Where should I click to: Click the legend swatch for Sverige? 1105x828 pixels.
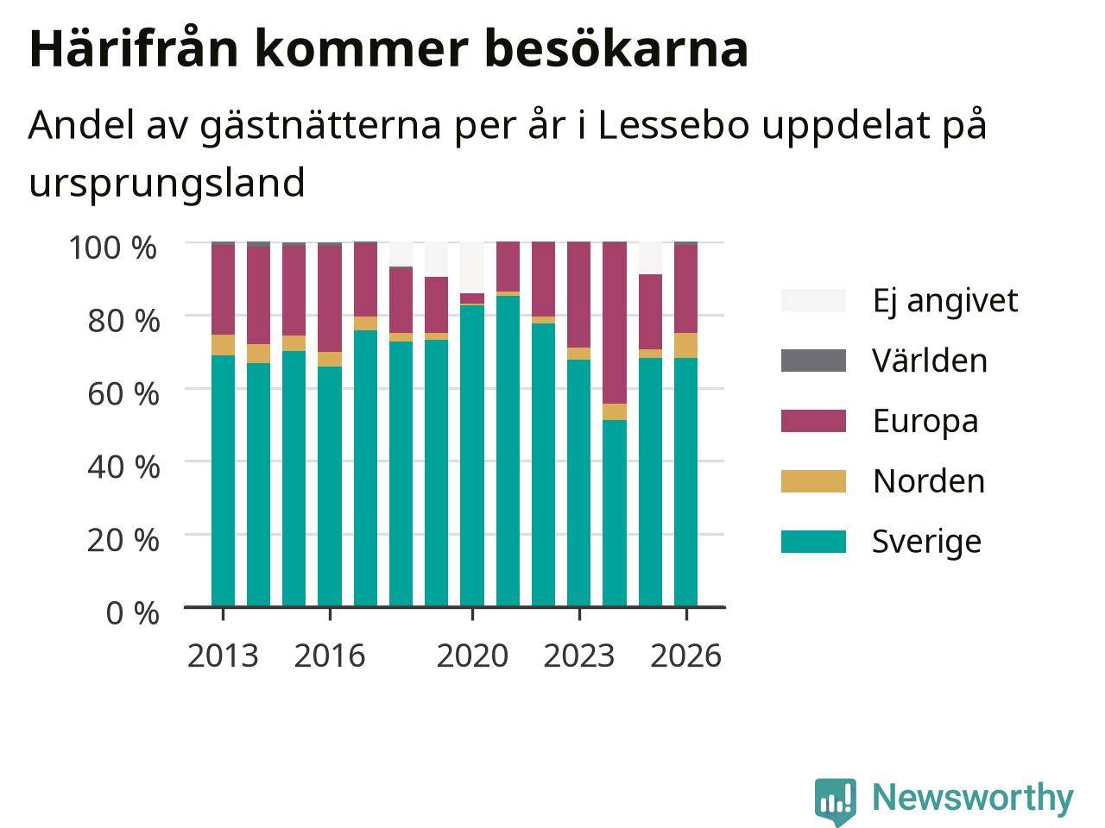tap(813, 542)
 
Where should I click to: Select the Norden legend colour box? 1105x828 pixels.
tap(813, 481)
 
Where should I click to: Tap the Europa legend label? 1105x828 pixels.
tap(925, 422)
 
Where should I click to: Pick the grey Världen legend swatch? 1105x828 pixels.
tap(813, 361)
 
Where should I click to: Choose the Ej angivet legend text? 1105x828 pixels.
tap(945, 302)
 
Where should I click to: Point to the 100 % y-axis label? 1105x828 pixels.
tap(113, 248)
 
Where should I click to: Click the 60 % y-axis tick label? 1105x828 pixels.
tap(123, 394)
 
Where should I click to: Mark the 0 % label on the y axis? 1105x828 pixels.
tap(133, 614)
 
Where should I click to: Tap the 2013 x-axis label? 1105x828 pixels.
tap(223, 656)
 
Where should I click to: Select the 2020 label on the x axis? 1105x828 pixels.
tap(472, 656)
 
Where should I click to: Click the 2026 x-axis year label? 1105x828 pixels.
tap(686, 656)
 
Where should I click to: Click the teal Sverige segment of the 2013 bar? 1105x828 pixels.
tap(223, 481)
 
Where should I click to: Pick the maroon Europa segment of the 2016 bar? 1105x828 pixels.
tap(330, 298)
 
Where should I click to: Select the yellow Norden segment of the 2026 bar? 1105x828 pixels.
tap(686, 345)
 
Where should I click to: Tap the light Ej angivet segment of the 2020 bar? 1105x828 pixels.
tap(472, 267)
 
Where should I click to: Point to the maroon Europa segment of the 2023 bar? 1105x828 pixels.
tap(579, 295)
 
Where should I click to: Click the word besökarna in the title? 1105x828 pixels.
tap(616, 49)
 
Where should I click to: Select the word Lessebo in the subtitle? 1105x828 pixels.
tap(673, 125)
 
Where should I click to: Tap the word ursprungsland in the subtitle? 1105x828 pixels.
tap(167, 184)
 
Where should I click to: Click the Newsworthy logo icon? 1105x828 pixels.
tap(835, 800)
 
